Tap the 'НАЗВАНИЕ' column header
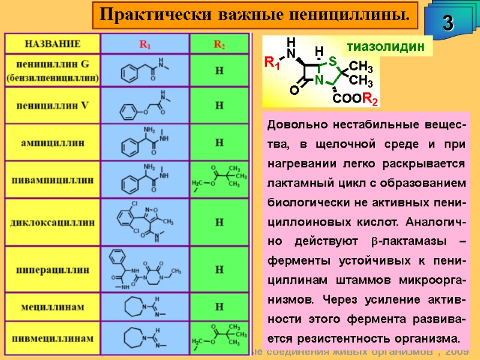click(52, 44)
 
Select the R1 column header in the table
click(145, 44)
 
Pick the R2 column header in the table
click(219, 44)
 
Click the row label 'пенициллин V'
click(52, 106)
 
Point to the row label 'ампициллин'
click(52, 143)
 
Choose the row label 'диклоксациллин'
click(52, 221)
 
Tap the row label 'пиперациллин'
click(52, 269)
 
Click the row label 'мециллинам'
click(52, 307)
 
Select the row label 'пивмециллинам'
click(52, 338)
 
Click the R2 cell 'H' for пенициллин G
click(219, 71)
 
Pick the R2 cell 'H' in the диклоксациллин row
click(219, 221)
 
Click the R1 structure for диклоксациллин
click(145, 221)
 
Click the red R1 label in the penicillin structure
click(272, 63)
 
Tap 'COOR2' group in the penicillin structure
click(355, 100)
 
